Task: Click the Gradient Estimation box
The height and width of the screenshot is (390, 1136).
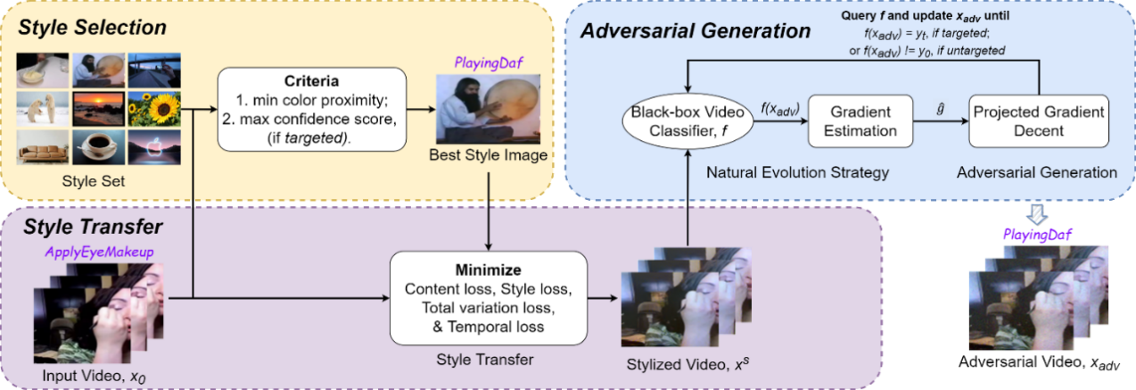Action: tap(852, 121)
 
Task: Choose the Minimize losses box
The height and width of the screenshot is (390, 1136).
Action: tap(488, 298)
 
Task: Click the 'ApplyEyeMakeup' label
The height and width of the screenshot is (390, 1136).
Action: tap(99, 253)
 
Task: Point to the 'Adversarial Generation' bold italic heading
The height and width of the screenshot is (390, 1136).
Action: tap(696, 31)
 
